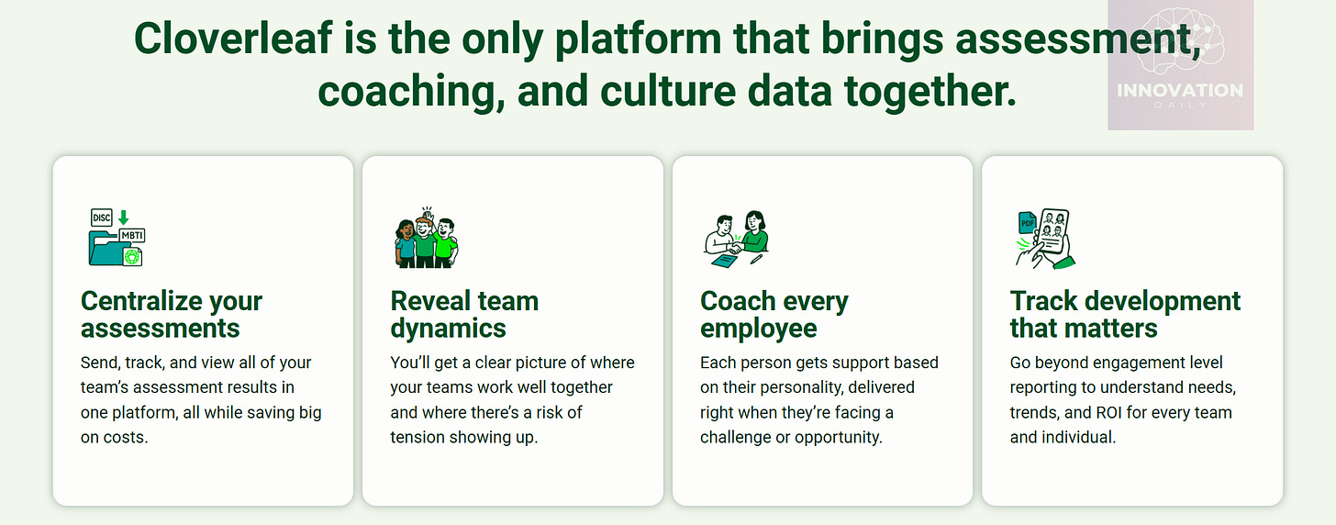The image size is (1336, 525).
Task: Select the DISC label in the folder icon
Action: (x=101, y=218)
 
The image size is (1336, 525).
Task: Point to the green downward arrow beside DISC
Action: (x=124, y=218)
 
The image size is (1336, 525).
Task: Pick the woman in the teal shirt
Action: (x=405, y=242)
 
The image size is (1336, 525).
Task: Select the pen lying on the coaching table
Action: (x=755, y=259)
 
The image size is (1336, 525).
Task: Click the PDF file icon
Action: (x=1027, y=223)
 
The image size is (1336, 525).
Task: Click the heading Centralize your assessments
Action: (x=172, y=314)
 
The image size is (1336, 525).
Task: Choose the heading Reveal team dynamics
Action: (x=464, y=314)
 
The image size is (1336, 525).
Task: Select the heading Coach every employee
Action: (x=774, y=314)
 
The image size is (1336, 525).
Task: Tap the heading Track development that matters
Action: (x=1125, y=314)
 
